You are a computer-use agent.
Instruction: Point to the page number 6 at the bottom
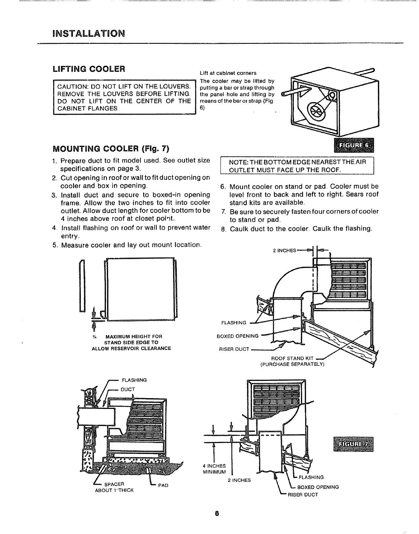click(x=217, y=513)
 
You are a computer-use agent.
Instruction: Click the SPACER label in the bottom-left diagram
click(x=111, y=485)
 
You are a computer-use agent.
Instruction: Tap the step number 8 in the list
click(x=223, y=229)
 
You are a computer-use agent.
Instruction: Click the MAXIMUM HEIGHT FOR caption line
click(x=134, y=336)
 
